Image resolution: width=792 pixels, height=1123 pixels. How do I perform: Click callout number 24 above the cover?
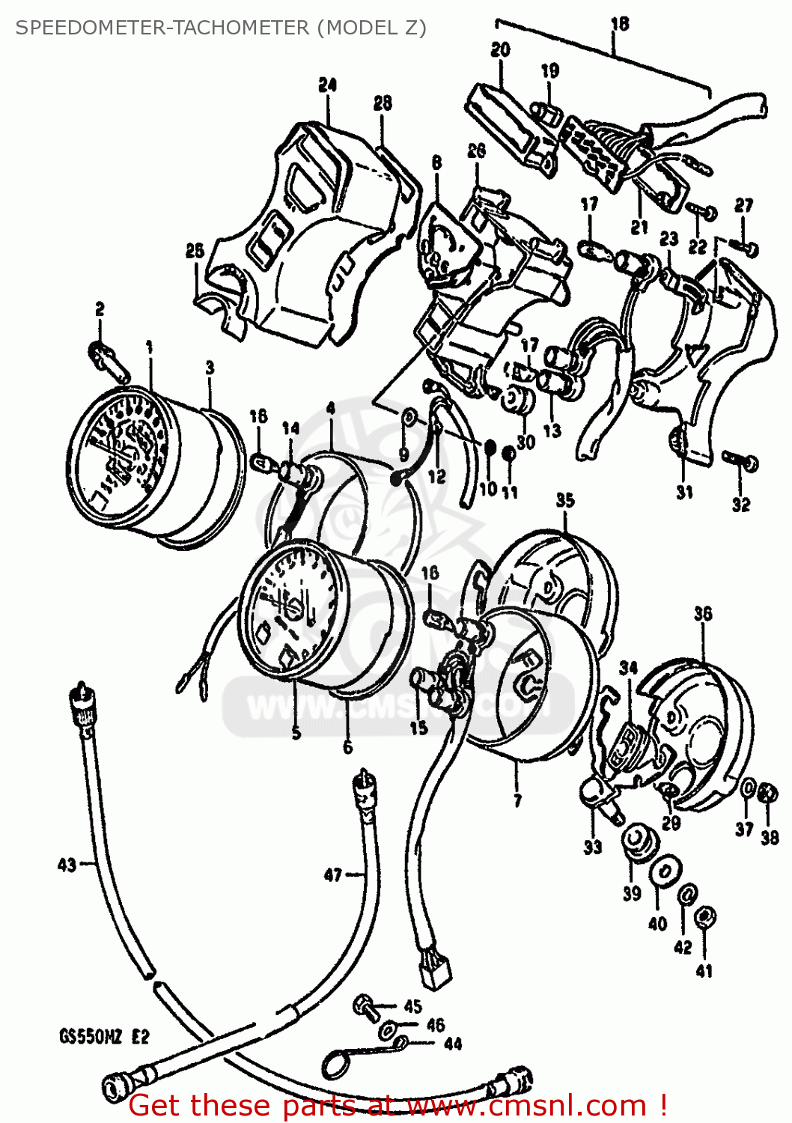coord(327,85)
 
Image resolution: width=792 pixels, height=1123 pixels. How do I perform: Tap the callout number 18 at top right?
coord(619,24)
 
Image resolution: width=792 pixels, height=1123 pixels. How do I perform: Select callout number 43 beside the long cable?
coord(67,865)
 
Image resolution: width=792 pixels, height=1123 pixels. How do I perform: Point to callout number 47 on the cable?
coord(333,874)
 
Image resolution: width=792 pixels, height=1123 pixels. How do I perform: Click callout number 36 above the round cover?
coord(702,615)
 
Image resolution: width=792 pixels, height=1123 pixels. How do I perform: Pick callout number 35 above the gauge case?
coord(564,500)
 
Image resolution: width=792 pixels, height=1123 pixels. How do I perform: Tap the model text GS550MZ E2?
coord(104,1037)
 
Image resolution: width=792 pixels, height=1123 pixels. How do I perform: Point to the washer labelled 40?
coord(664,871)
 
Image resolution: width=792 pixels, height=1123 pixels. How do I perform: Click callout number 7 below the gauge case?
coord(517,801)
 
